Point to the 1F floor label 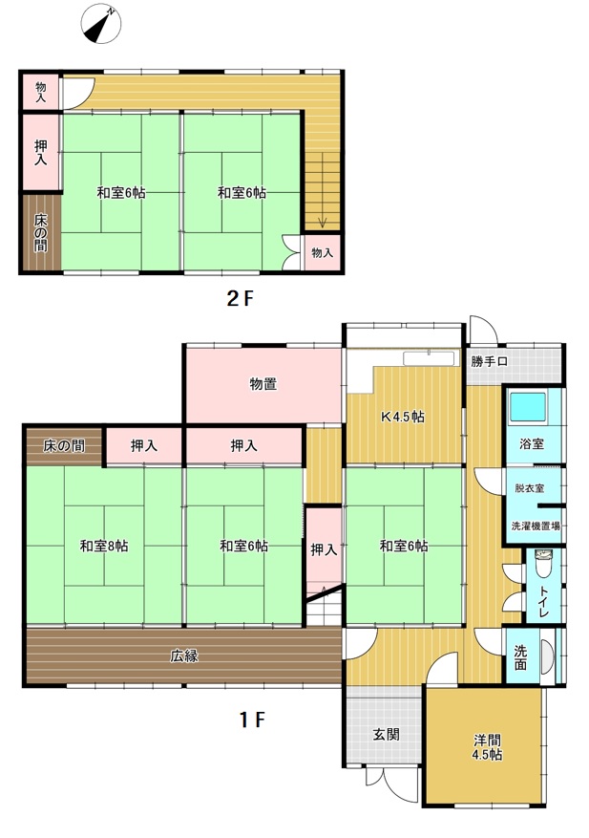coord(251,720)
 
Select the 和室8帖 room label coord(104,547)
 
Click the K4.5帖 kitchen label coord(402,417)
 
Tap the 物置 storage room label coord(263,384)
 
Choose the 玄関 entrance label coord(386,734)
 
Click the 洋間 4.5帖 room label coord(487,747)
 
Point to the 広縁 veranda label coord(184,655)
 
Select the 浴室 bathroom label coord(532,443)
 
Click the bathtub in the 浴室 coord(528,407)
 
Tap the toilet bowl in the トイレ coord(542,565)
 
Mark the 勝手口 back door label coord(489,362)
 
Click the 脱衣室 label coord(530,488)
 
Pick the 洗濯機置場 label coord(536,526)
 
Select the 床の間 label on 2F coord(41,233)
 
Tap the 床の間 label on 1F coord(64,445)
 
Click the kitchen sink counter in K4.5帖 coord(431,358)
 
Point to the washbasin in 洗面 coord(546,656)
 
